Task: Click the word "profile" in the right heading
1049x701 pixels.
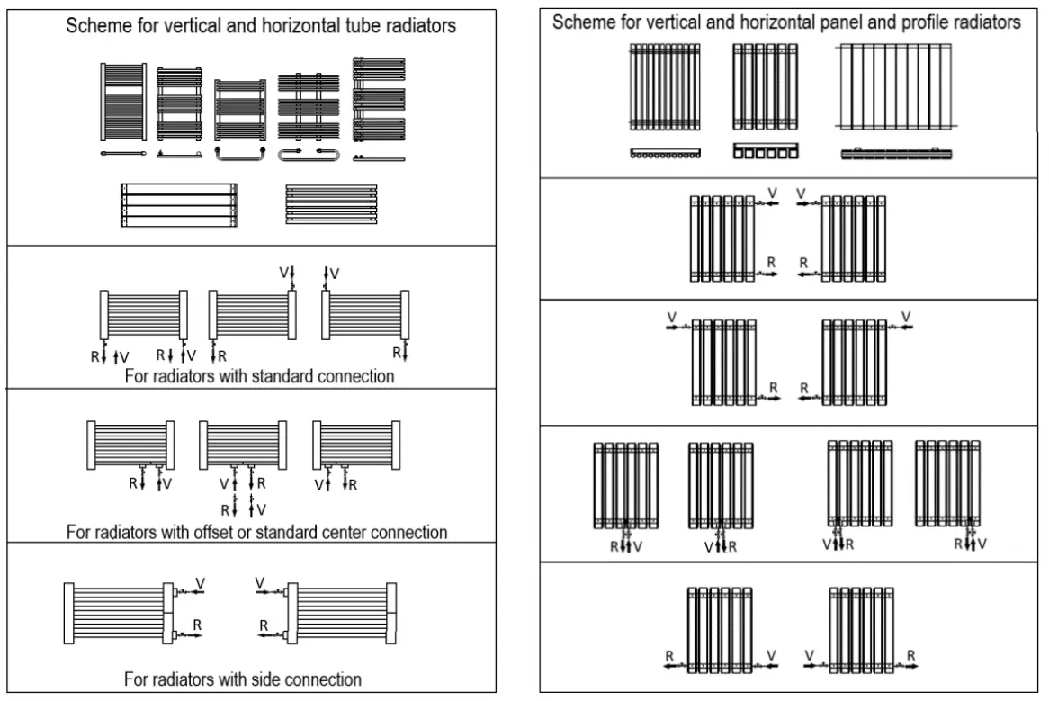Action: click(905, 22)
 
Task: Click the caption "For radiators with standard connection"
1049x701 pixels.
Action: click(259, 376)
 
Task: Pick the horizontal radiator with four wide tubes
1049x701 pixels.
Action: click(179, 204)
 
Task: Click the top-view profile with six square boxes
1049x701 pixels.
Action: click(765, 151)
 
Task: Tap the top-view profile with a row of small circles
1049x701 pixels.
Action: click(665, 154)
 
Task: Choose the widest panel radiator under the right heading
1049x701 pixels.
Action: click(895, 87)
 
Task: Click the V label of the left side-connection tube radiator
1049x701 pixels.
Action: click(200, 584)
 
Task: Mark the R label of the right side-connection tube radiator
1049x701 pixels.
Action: click(264, 625)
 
